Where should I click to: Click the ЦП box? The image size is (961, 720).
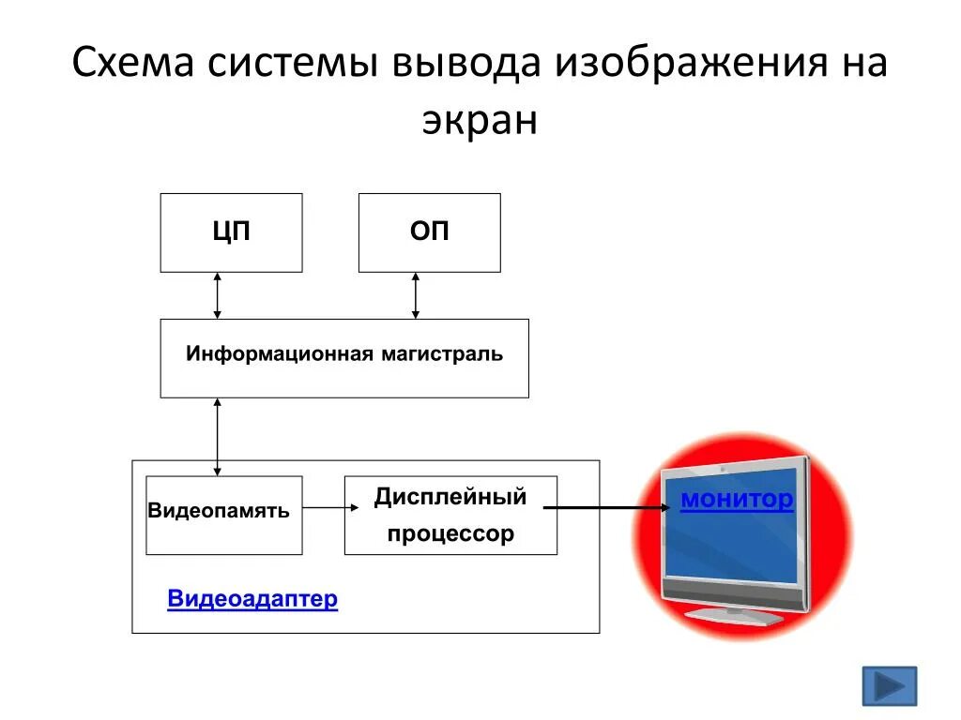coord(231,232)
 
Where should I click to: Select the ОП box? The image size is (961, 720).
coord(429,232)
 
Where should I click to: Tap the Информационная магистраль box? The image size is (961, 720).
coord(344,357)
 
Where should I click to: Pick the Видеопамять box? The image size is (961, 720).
coord(223,515)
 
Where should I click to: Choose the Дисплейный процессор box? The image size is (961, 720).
coord(450,515)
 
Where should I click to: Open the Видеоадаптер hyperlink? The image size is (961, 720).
coord(252,599)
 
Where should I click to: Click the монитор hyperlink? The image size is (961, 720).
coord(737,500)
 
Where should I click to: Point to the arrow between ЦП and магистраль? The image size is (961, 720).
coord(218,295)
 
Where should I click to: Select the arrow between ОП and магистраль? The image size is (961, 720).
coord(416,295)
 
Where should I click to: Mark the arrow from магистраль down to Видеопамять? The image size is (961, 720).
coord(218,436)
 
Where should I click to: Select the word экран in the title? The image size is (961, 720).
coord(480,120)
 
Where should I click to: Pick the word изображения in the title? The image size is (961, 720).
coord(682,67)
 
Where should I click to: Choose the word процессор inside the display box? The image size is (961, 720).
coord(450,534)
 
